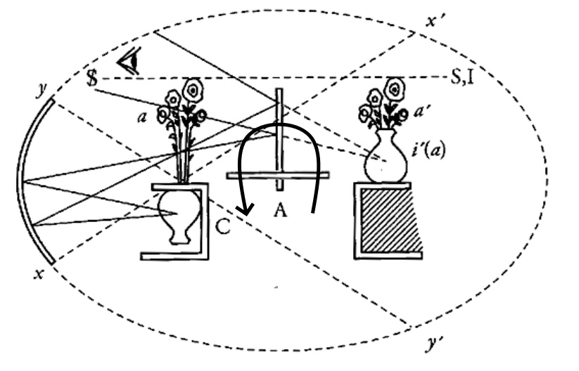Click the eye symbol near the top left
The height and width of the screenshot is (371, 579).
[x=129, y=60]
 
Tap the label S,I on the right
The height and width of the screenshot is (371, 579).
[x=462, y=77]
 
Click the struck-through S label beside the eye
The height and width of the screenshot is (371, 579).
[x=92, y=78]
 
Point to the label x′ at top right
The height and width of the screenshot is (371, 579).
[x=435, y=20]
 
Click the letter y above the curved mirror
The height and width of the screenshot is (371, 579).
[x=42, y=90]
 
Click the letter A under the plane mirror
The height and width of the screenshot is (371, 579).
[x=281, y=211]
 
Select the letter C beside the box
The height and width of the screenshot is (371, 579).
[x=222, y=227]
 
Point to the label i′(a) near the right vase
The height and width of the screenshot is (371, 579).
[x=428, y=150]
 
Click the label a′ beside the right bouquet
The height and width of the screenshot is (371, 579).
[x=421, y=111]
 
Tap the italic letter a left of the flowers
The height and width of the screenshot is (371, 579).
[x=142, y=117]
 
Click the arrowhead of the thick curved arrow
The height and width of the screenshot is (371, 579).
[x=245, y=209]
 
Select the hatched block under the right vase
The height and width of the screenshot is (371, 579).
[x=391, y=221]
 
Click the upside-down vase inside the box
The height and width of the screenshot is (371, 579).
[x=179, y=218]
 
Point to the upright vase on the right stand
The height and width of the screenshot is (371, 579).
[x=386, y=157]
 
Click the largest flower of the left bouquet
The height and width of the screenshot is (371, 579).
[x=193, y=90]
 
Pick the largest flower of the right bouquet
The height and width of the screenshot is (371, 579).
[x=395, y=89]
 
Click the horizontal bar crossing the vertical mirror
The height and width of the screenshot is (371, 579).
[x=278, y=176]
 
